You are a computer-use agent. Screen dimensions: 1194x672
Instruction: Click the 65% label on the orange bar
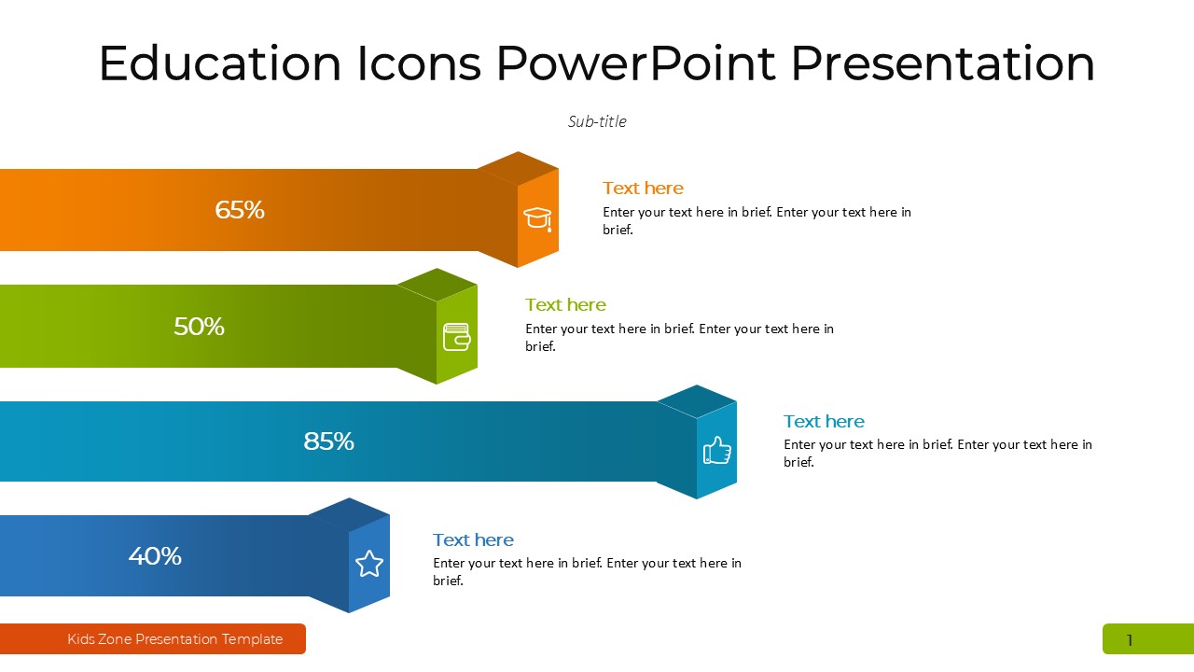coord(240,210)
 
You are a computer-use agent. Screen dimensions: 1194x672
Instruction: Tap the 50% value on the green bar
coord(199,327)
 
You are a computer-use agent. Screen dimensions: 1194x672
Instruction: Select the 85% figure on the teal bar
coord(329,441)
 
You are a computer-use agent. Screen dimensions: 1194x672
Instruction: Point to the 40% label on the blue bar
coord(155,555)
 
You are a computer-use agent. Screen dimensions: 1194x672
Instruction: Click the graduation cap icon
coord(537,218)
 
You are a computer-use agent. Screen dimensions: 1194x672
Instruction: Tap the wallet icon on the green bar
coord(457,337)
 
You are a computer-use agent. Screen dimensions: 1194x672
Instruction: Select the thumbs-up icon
coord(717,450)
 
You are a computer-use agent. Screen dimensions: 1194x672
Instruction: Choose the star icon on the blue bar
coord(369,564)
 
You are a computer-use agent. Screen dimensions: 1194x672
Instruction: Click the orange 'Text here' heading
coord(643,188)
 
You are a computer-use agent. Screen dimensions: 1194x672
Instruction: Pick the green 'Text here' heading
coord(565,304)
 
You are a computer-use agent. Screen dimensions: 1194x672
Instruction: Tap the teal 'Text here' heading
coord(824,421)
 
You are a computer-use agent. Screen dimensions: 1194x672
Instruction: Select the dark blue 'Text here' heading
coord(473,539)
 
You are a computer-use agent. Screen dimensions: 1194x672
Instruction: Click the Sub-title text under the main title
coord(597,121)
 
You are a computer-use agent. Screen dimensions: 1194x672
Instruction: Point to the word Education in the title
coord(219,63)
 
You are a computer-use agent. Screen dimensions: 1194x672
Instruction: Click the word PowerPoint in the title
coord(635,63)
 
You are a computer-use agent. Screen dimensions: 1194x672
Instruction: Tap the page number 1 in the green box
coord(1130,640)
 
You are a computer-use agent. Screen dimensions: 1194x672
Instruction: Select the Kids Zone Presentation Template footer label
coord(174,639)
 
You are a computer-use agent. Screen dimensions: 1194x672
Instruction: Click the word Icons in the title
coord(419,63)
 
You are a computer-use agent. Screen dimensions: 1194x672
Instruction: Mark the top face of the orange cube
coord(518,169)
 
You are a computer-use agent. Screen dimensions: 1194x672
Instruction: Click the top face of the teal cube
coord(697,401)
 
